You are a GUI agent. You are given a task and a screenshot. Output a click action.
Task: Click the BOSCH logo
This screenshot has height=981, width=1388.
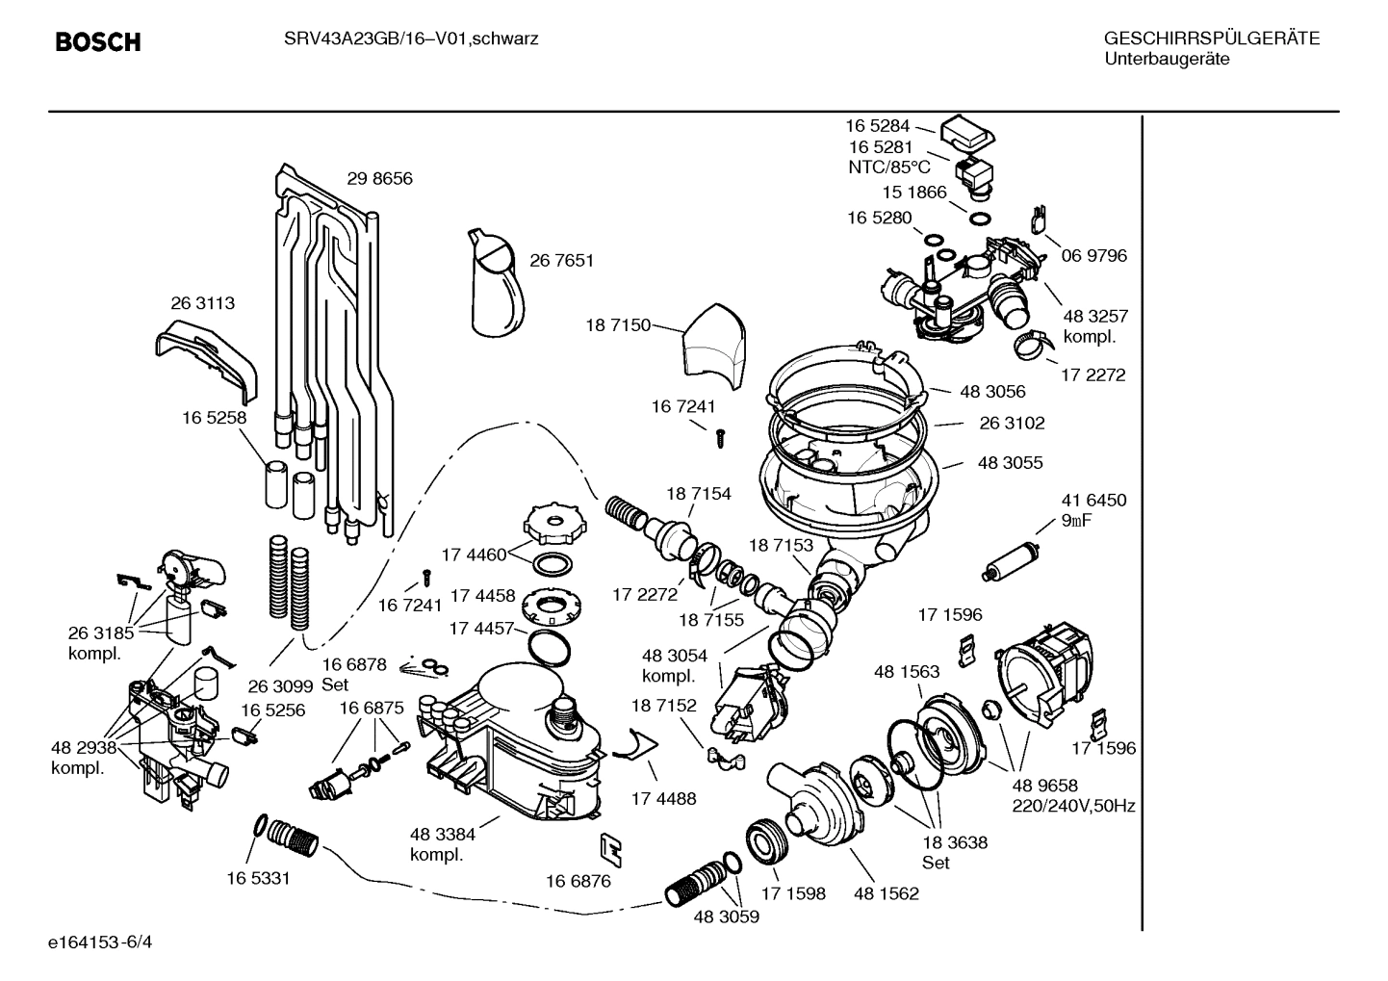coord(98,42)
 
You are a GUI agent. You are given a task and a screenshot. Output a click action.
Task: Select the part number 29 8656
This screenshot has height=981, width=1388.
coord(379,179)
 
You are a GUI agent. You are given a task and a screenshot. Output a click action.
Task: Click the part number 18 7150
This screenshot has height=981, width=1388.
coord(618,325)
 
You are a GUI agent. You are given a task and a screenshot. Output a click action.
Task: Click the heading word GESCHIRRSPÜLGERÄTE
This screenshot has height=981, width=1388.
coord(1211,39)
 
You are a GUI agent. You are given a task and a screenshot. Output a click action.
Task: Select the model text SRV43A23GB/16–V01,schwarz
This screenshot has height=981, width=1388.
coord(410,39)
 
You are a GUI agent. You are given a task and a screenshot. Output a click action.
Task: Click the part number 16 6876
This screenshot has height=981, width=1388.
coord(578,881)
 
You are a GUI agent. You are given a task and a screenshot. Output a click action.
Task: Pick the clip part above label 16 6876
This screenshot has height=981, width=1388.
coord(610,847)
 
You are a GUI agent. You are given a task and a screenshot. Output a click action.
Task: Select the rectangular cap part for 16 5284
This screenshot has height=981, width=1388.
coord(967,132)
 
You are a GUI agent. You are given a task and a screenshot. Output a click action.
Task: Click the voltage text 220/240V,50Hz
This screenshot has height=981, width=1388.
coord(1073,806)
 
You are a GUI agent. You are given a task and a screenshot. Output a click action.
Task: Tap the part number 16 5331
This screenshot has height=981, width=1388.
coord(258,878)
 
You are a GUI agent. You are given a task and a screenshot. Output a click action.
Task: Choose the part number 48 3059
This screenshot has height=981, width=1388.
coord(726,917)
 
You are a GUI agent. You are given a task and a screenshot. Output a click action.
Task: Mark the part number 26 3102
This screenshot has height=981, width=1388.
coord(1012,424)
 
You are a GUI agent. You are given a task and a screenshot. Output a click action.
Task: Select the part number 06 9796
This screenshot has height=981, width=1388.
coord(1093,256)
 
